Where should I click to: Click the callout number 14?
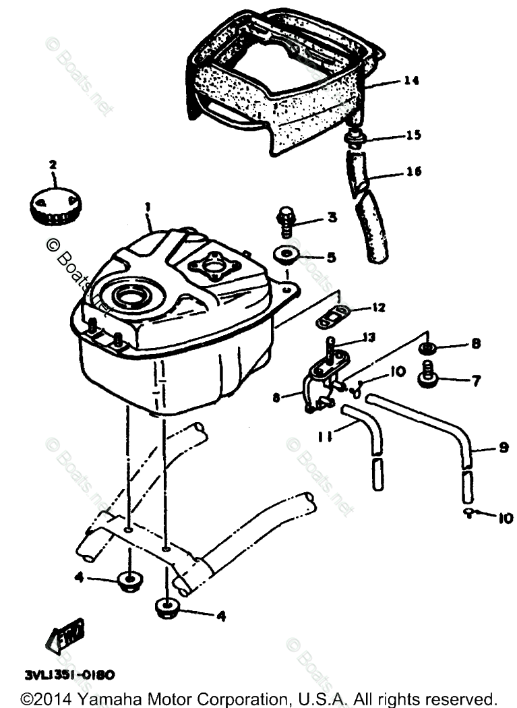tap(411, 82)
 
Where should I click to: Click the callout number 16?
tap(414, 172)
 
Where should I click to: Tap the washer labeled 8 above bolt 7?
tap(427, 348)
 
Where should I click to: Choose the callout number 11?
tap(326, 436)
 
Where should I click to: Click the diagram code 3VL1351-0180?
tap(71, 674)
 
